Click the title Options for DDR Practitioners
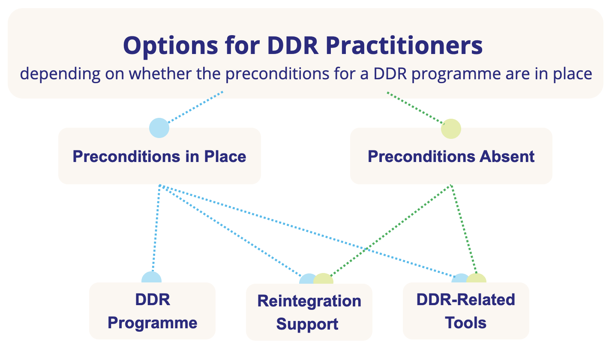(303, 46)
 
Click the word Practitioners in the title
(404, 45)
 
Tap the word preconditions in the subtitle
(277, 74)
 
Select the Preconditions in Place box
(159, 156)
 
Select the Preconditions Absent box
(451, 156)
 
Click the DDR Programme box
(152, 311)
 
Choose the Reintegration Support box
(309, 312)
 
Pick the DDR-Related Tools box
(466, 311)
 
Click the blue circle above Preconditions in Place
(159, 128)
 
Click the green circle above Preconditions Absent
(451, 129)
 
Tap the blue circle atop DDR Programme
(152, 277)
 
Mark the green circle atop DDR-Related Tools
(477, 278)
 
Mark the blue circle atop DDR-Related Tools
(459, 278)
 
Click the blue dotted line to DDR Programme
(156, 228)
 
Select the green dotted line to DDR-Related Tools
(464, 229)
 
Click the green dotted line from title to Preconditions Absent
(415, 108)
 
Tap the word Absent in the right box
(507, 156)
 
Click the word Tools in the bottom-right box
(465, 323)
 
